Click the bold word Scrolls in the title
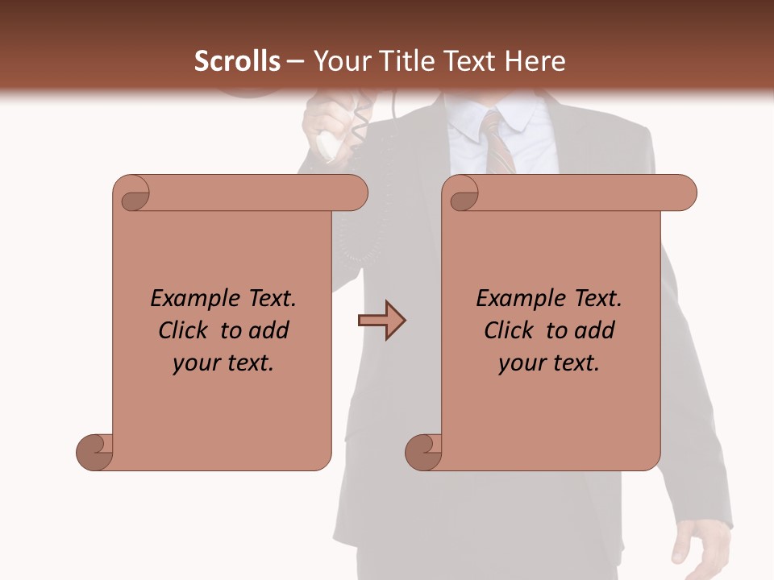[237, 61]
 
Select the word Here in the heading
[535, 61]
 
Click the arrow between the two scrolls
[381, 321]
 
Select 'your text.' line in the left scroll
[223, 363]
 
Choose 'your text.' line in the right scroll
[549, 363]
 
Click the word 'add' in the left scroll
[270, 331]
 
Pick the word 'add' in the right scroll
[596, 331]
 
